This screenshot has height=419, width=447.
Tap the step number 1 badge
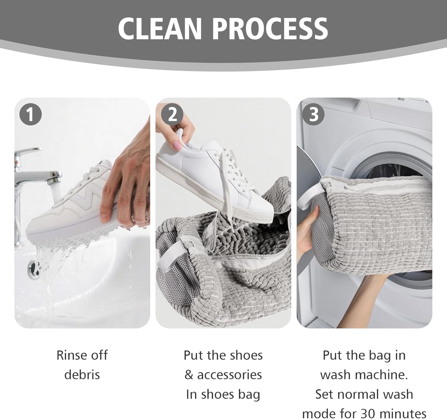click(30, 114)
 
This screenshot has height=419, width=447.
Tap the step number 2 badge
click(172, 114)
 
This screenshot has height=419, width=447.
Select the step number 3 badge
click(313, 114)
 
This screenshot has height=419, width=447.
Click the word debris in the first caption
click(82, 375)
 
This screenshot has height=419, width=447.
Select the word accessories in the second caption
click(229, 375)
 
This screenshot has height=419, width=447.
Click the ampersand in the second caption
click(189, 375)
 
